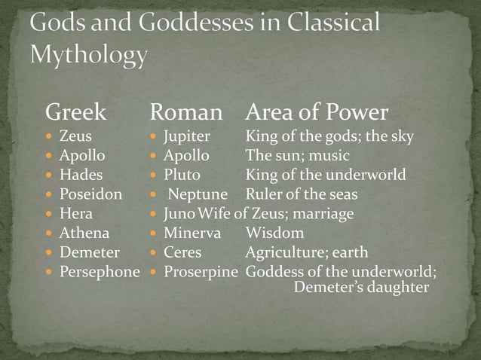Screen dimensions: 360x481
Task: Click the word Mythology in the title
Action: [x=89, y=55]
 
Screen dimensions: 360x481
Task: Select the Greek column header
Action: [x=75, y=113]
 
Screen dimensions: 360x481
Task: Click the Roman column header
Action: [x=186, y=113]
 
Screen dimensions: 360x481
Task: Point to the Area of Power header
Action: [x=317, y=113]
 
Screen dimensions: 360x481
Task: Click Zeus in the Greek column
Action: [x=75, y=137]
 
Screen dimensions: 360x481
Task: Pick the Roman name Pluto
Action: [x=182, y=175]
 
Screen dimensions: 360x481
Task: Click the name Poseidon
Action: [x=90, y=194]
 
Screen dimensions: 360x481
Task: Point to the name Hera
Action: [x=76, y=214]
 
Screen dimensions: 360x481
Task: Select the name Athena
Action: [x=84, y=233]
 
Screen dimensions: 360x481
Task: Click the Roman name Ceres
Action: [x=182, y=252]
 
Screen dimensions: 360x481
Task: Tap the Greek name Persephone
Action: [x=100, y=272]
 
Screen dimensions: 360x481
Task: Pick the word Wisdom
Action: [x=274, y=233]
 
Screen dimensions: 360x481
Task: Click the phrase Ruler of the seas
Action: [x=302, y=194]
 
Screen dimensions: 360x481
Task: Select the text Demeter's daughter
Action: [x=361, y=288]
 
